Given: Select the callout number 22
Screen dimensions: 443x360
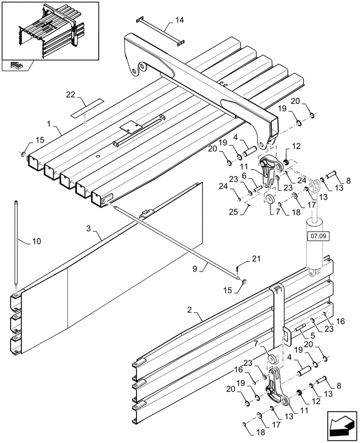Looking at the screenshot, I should (71, 94).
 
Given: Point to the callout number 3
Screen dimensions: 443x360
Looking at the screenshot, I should (89, 229).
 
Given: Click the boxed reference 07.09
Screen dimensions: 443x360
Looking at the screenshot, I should (317, 237).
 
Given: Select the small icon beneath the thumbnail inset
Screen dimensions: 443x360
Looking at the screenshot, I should (17, 66).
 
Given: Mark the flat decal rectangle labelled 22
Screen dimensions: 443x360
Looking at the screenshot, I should (87, 108).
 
